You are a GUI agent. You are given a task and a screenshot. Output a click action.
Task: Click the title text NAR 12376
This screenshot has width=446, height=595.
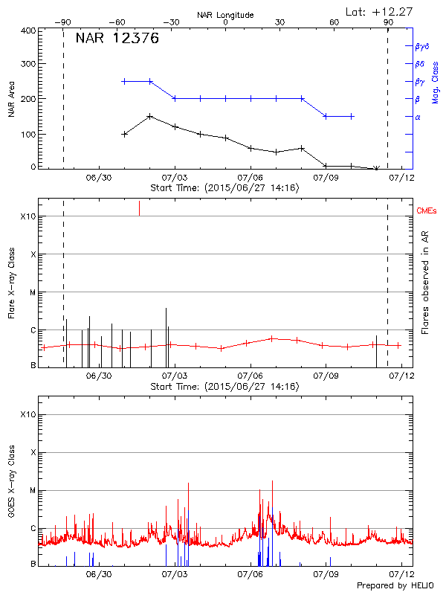(x=117, y=39)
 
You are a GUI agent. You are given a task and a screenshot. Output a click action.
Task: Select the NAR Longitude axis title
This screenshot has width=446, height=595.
(x=225, y=15)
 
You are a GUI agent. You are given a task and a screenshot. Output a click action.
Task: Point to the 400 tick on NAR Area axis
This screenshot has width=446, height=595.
(x=28, y=30)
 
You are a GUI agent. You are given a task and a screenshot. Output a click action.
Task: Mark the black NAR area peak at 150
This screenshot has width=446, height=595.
(x=150, y=116)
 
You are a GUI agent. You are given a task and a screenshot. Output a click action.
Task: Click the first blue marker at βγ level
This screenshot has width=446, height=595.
(x=124, y=81)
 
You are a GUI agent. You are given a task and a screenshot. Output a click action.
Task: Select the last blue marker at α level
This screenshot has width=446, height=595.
(x=352, y=116)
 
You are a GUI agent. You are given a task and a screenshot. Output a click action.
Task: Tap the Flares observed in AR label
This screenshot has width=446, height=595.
(x=425, y=283)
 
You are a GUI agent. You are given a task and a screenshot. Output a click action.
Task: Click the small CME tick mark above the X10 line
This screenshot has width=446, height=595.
(x=139, y=208)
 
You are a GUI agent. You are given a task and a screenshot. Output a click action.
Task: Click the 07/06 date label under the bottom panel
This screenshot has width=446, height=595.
(x=251, y=575)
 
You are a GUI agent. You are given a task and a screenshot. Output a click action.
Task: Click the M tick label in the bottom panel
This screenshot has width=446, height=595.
(x=33, y=490)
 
